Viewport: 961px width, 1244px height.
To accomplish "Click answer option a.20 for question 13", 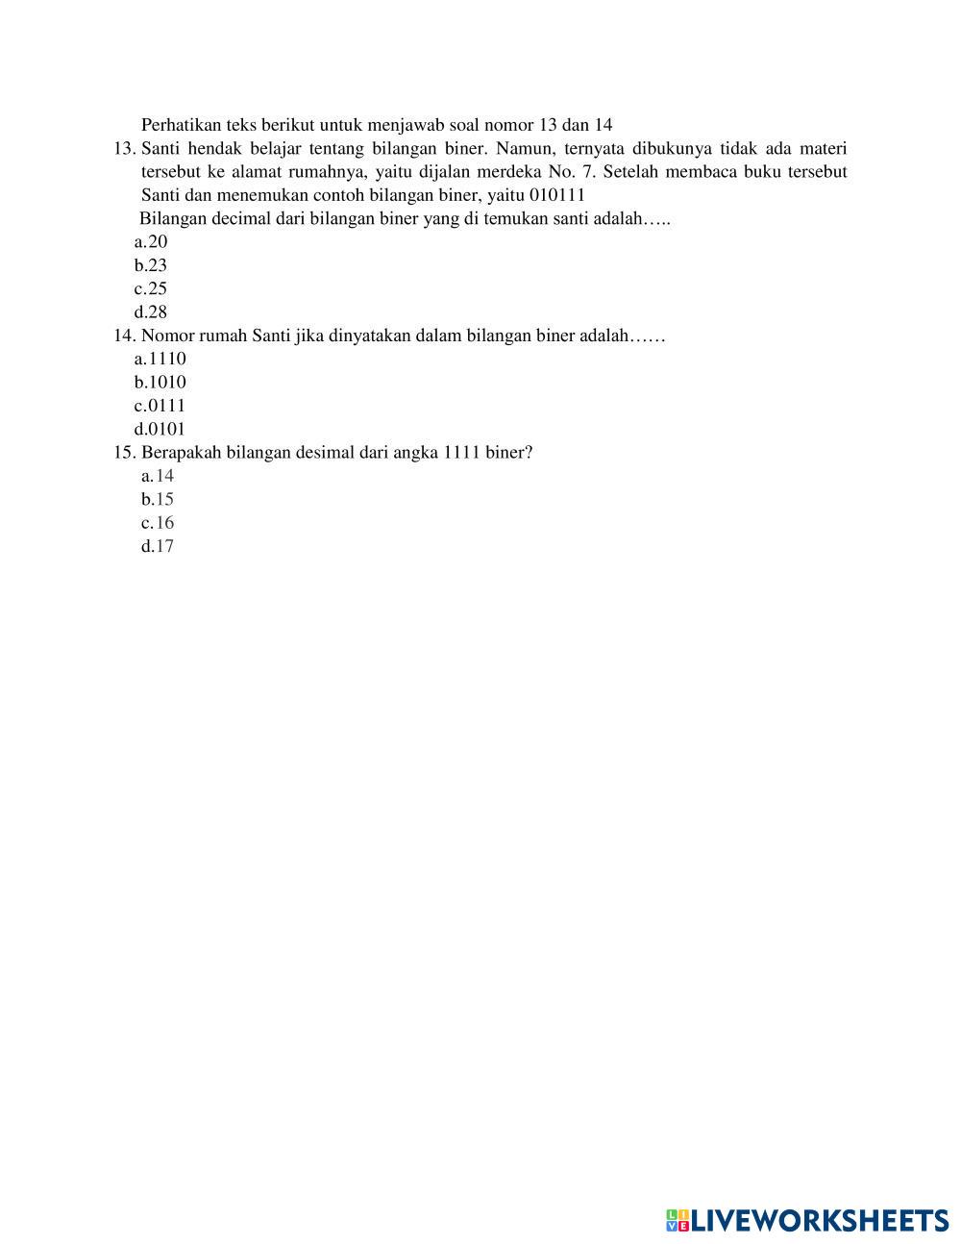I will [x=151, y=242].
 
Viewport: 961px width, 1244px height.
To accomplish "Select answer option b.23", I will [x=151, y=265].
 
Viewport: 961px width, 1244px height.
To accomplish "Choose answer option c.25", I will [x=151, y=288].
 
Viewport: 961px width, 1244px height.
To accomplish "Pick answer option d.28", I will [x=151, y=311].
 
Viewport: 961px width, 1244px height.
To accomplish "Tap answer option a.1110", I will [x=160, y=359].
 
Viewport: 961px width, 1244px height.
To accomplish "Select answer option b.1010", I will [x=160, y=382].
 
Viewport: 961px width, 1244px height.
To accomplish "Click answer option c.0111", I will [x=160, y=406].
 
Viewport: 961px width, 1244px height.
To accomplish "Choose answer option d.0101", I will [x=160, y=429].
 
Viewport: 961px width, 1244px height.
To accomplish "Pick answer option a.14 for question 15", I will [x=158, y=476].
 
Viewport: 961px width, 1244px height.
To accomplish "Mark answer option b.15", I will [x=158, y=499].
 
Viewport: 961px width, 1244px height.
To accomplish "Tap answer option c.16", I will [x=158, y=523].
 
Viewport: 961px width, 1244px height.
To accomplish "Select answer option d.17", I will [x=158, y=546].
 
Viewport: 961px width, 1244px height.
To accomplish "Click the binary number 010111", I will [x=557, y=195].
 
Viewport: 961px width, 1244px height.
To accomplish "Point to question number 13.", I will [x=124, y=149].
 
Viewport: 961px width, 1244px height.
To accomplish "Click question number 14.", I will [x=124, y=336].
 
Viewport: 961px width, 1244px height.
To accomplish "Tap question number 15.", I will [x=124, y=452].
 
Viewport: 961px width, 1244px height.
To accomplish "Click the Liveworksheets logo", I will [x=807, y=1220].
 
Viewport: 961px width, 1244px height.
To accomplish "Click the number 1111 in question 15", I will [x=462, y=452].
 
